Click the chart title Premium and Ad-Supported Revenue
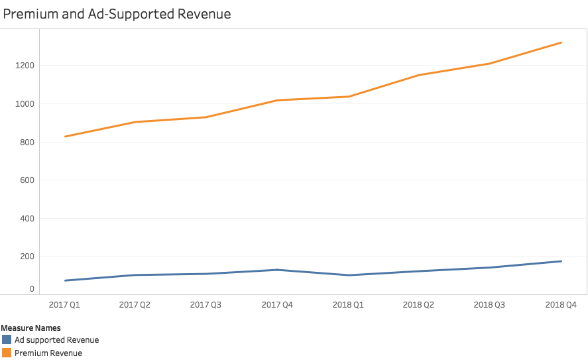(117, 14)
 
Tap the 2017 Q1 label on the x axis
(65, 304)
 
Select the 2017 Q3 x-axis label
(207, 304)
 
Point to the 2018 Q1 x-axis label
(349, 304)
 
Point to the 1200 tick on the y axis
(24, 66)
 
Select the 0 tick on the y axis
(31, 289)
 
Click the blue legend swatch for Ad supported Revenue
(7, 339)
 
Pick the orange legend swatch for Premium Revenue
(7, 353)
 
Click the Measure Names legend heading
(31, 328)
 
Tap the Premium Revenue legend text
(48, 353)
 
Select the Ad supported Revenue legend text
(57, 340)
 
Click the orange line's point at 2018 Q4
(561, 42)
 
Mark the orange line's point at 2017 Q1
(65, 137)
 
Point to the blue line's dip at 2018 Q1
(349, 275)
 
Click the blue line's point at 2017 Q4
(278, 270)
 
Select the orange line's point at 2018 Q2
(420, 75)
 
